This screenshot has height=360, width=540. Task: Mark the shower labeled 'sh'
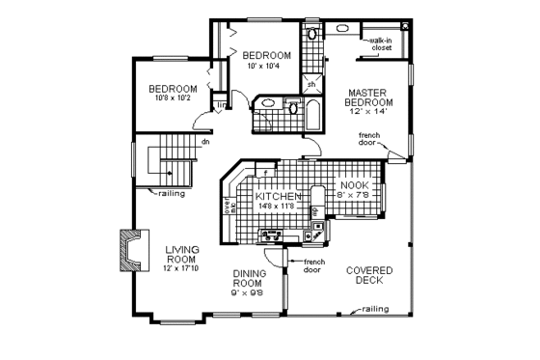click(x=310, y=84)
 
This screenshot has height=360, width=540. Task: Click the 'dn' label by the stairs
click(x=204, y=143)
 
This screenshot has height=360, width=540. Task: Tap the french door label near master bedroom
click(x=370, y=139)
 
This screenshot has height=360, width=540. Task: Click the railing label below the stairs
click(x=175, y=193)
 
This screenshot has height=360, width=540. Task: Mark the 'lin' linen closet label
click(x=222, y=105)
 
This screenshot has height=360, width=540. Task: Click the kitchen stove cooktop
click(x=269, y=235)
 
